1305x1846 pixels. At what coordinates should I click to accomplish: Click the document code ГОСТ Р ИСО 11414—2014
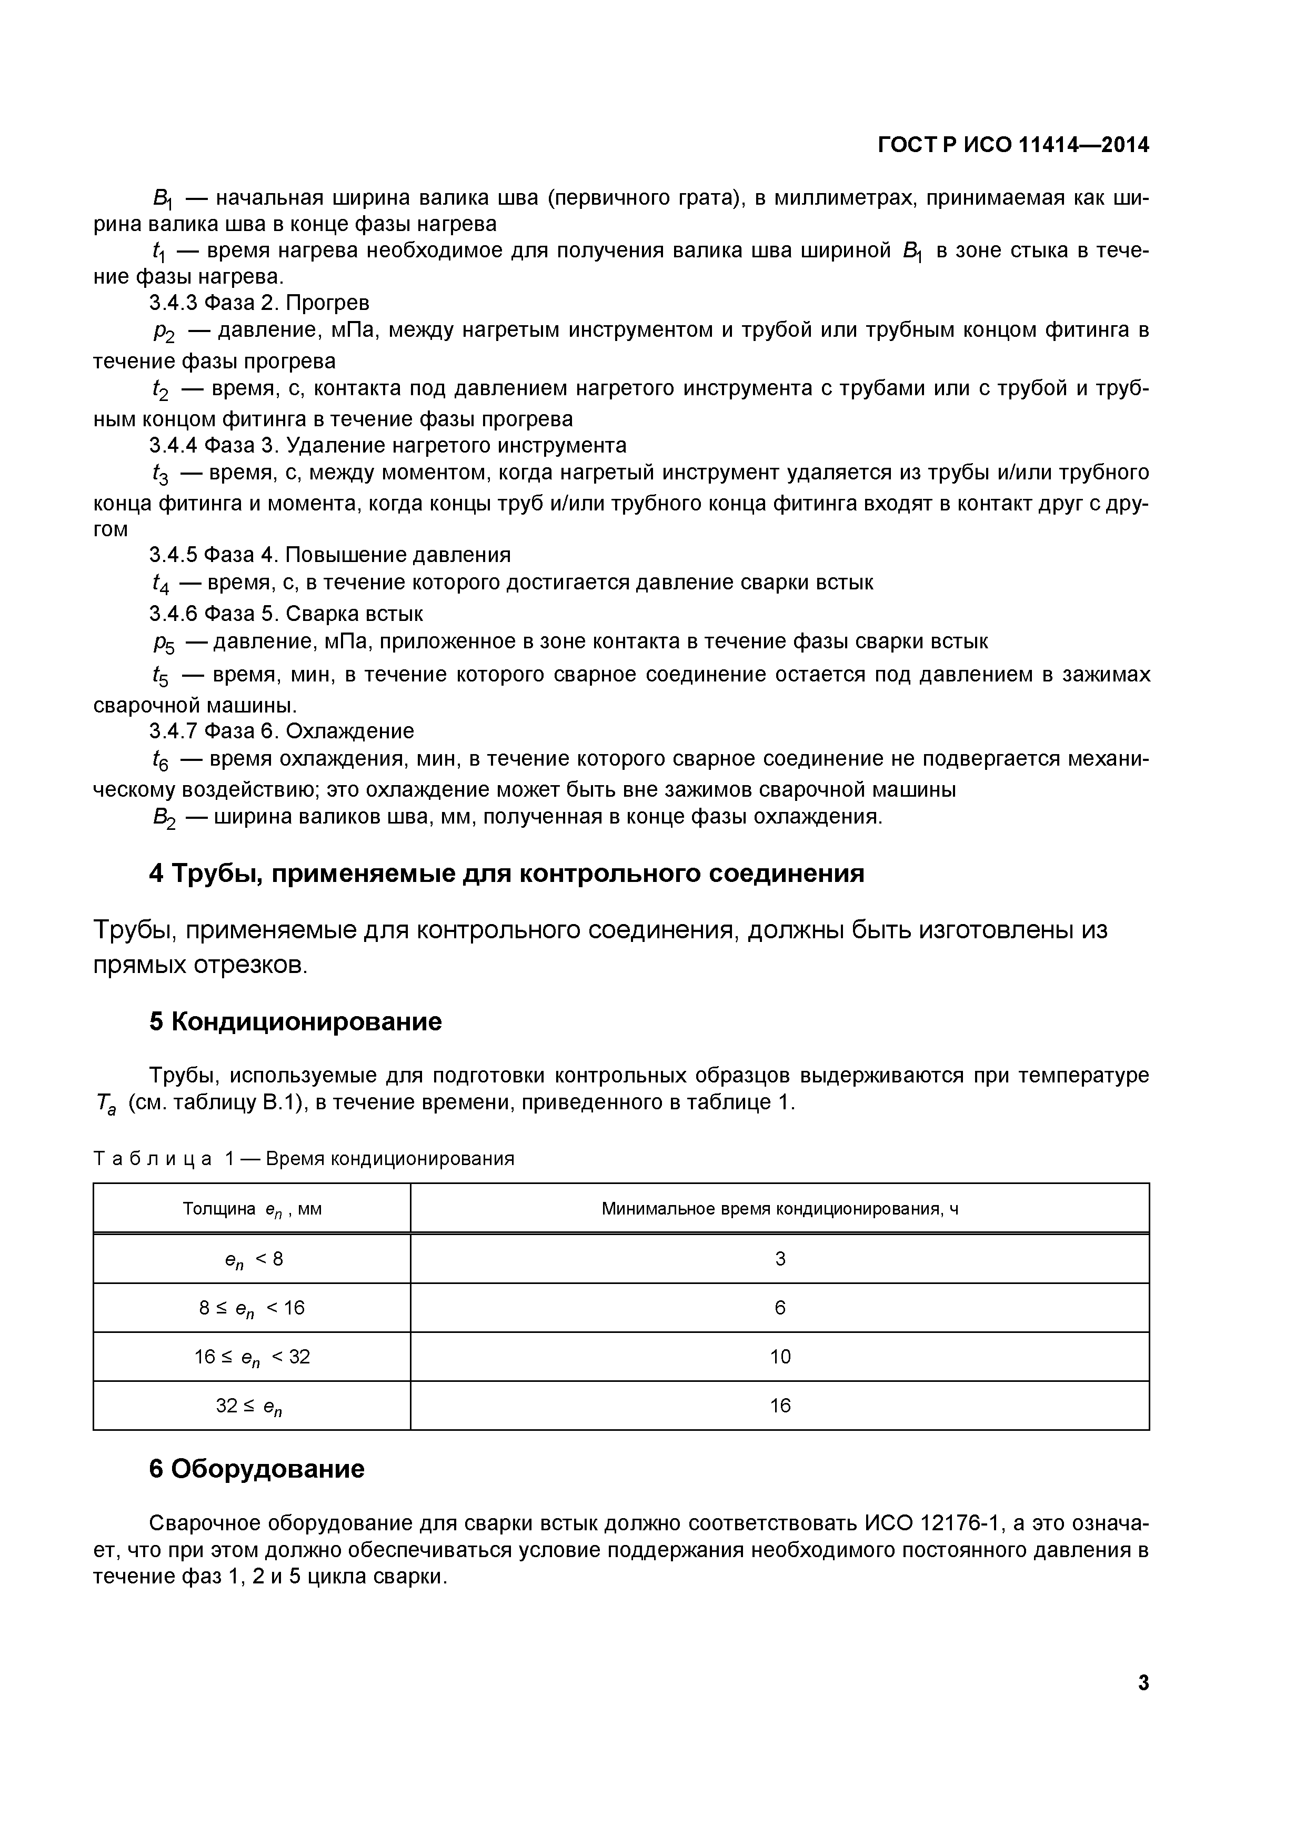click(x=1012, y=146)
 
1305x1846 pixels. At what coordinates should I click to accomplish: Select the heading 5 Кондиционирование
click(x=295, y=1022)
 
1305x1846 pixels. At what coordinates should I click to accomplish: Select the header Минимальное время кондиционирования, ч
click(x=779, y=1208)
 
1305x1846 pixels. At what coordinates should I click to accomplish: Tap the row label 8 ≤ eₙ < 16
click(x=252, y=1309)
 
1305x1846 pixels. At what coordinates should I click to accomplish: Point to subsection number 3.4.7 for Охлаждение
click(x=174, y=731)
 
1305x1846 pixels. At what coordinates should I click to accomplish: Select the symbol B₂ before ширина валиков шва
click(x=163, y=818)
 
